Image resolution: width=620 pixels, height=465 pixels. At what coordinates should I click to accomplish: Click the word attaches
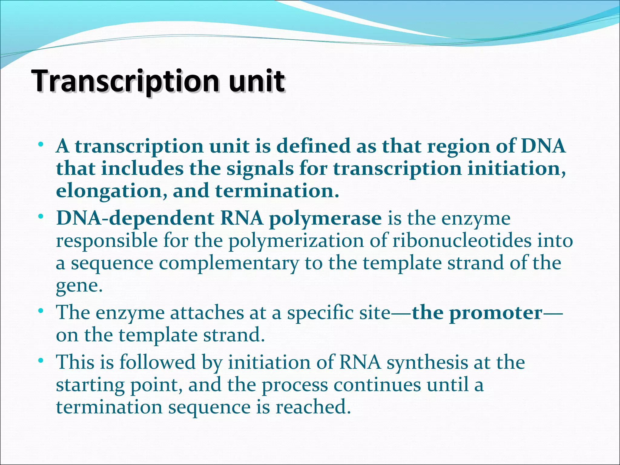click(206, 313)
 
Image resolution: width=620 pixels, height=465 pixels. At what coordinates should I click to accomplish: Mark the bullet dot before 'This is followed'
click(41, 361)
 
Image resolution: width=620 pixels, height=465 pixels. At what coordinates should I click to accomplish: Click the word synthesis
click(427, 362)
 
